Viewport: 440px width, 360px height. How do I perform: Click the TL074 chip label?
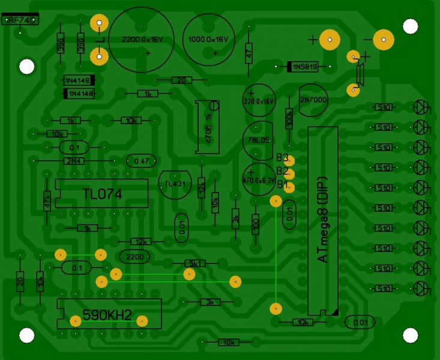click(x=102, y=193)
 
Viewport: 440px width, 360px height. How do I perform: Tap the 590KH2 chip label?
click(x=107, y=315)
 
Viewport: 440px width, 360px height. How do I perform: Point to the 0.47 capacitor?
click(x=142, y=161)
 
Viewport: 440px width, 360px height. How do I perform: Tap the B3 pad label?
click(x=283, y=159)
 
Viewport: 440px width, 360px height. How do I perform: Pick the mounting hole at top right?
click(x=410, y=26)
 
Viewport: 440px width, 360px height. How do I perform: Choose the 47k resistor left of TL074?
click(x=47, y=198)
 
